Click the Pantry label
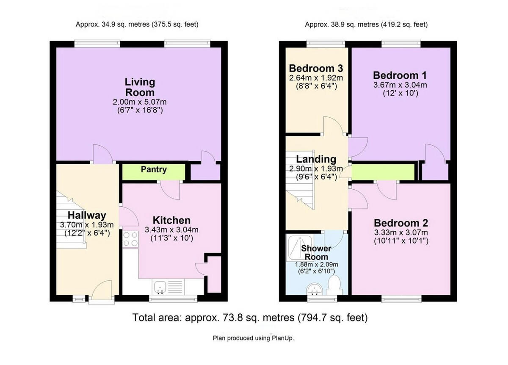(154, 170)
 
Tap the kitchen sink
(161, 287)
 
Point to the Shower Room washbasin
(315, 290)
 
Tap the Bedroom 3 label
(315, 69)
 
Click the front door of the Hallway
(102, 292)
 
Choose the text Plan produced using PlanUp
(253, 338)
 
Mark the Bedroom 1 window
(401, 43)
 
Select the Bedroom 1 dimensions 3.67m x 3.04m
(400, 85)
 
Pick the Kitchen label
(171, 221)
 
